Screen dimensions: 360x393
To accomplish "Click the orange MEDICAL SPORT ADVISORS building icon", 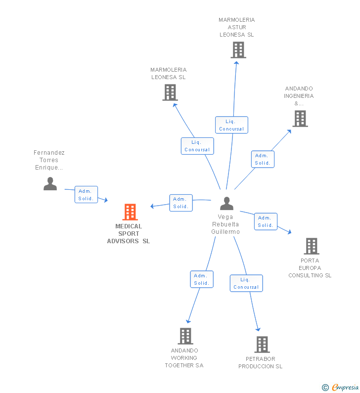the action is (x=130, y=212).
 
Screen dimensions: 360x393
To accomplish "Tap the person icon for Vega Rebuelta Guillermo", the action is (x=226, y=203).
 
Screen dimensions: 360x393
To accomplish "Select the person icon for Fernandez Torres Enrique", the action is (x=50, y=184).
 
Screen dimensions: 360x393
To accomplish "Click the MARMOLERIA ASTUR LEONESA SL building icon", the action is (x=238, y=50).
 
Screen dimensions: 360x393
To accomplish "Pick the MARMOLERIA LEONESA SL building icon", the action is (x=170, y=92).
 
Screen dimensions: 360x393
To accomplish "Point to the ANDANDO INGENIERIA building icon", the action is (x=300, y=119).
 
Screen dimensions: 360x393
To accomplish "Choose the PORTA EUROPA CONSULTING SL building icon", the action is (x=312, y=246).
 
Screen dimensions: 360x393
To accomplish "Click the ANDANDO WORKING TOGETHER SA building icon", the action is (x=185, y=336).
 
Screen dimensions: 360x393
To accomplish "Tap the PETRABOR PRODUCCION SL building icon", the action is (x=262, y=345).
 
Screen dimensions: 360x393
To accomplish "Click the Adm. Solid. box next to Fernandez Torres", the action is (x=86, y=194).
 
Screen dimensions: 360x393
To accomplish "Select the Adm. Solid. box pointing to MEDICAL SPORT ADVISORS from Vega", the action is (x=181, y=203).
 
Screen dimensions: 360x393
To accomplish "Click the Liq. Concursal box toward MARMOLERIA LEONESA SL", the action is (x=197, y=146).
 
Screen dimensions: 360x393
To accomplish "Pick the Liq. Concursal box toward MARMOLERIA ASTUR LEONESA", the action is (x=231, y=125).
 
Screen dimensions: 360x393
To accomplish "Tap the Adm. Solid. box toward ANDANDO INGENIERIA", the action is (x=263, y=159).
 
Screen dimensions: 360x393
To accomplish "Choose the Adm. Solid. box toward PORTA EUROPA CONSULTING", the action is (x=266, y=221).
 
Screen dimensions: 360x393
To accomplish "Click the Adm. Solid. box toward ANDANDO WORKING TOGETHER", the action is (x=202, y=279).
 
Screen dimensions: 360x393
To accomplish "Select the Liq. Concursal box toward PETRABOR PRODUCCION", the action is (x=246, y=283).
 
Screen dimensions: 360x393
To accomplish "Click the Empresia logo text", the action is (x=345, y=387).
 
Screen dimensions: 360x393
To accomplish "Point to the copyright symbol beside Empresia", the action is (x=325, y=388).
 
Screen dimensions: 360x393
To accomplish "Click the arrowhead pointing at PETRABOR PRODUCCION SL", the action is (x=258, y=329).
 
